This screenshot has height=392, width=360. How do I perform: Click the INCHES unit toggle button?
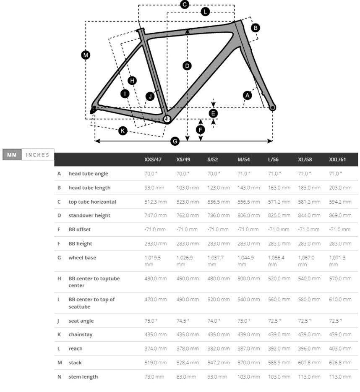coord(38,155)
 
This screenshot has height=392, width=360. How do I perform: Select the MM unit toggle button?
coord(12,155)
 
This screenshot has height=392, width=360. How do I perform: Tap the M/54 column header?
coord(243,159)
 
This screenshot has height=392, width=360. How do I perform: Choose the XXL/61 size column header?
coord(337,159)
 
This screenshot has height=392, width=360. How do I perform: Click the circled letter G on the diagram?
coord(175,141)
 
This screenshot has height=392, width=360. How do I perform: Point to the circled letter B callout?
coord(255,28)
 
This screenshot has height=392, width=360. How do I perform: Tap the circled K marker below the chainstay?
coord(123,131)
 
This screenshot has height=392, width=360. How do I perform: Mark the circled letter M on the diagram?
coord(86,55)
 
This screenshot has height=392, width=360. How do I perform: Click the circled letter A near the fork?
coord(247,95)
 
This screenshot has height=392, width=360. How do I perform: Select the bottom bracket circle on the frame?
coord(167,119)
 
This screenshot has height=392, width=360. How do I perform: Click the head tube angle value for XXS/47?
coord(151,173)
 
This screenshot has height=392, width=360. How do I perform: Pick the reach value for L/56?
coord(279,348)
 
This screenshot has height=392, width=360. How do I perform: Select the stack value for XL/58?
coord(309,363)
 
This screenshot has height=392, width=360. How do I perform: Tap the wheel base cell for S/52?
coord(216,261)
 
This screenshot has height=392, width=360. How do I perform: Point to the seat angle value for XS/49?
coord(183,321)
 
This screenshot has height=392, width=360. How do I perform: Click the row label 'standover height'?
coord(89,215)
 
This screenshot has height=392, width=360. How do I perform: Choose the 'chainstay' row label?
coord(81,335)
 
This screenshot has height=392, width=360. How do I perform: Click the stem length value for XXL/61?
coord(340,376)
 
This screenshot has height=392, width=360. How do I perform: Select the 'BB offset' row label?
coord(79,230)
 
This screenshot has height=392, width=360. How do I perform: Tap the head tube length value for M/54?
coord(248,188)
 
